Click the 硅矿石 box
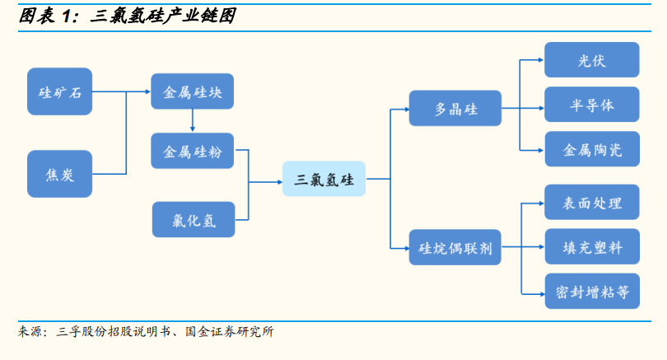[59, 91]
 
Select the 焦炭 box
[59, 174]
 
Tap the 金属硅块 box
[192, 91]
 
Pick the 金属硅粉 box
[192, 151]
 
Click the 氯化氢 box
[194, 219]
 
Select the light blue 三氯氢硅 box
[324, 179]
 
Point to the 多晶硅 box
[455, 108]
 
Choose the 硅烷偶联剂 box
[455, 247]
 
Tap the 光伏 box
[592, 59]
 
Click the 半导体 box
[592, 105]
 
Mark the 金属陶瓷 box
[592, 149]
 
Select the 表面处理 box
[592, 202]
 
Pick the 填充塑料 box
[592, 246]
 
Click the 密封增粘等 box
[592, 291]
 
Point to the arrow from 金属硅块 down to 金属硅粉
[192, 120]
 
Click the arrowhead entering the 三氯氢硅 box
[280, 182]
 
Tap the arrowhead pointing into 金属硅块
[148, 91]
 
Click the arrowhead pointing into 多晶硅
[406, 110]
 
